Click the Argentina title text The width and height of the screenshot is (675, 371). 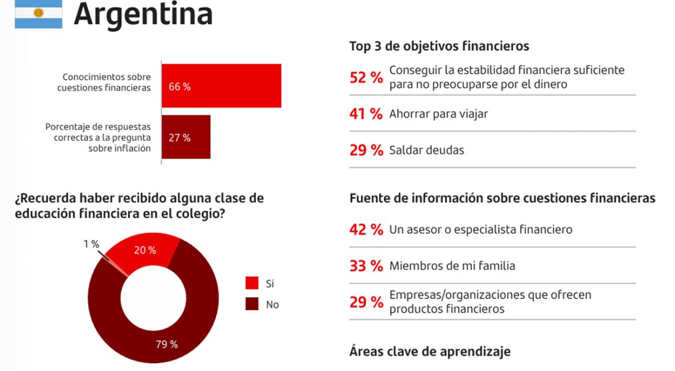[x=143, y=14]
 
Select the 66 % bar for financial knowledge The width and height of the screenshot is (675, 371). [x=221, y=85]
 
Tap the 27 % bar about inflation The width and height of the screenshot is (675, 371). [x=186, y=137]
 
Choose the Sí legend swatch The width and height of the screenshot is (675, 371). [x=252, y=283]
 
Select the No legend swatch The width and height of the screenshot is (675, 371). [x=252, y=304]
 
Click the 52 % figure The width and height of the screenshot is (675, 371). [x=366, y=78]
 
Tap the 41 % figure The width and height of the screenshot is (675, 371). [x=366, y=114]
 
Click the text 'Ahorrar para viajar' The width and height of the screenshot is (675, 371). [x=438, y=114]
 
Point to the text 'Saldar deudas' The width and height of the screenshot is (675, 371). [x=426, y=150]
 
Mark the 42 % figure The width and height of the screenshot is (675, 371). [x=366, y=229]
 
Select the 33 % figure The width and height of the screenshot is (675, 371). [x=366, y=266]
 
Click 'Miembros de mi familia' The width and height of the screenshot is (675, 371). [x=452, y=266]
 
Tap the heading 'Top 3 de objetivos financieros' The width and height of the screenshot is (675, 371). [x=439, y=46]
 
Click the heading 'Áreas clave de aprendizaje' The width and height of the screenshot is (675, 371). [x=430, y=351]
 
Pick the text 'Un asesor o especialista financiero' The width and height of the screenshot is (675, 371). [x=480, y=229]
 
